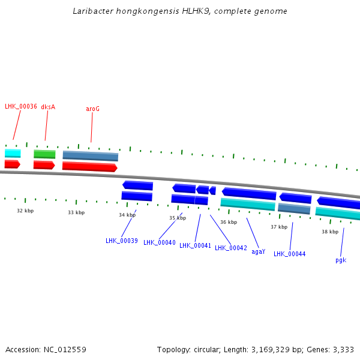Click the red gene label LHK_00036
click(x=21, y=107)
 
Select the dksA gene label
click(x=48, y=107)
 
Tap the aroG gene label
click(x=92, y=109)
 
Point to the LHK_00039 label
click(x=122, y=241)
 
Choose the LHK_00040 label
click(x=160, y=243)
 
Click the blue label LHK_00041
click(x=196, y=245)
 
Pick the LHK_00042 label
click(x=231, y=248)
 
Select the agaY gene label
click(x=258, y=252)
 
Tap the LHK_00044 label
click(x=290, y=254)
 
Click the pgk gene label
click(x=341, y=260)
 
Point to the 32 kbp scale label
click(x=25, y=211)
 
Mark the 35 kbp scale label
click(x=178, y=218)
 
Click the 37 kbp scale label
click(x=279, y=227)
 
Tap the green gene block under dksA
click(x=44, y=154)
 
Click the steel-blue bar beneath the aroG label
click(x=91, y=156)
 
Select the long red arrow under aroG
click(x=89, y=166)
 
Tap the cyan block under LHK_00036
click(x=13, y=153)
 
